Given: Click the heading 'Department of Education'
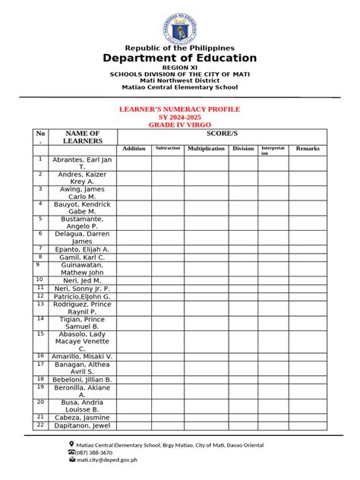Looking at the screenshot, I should pyautogui.click(x=180, y=58).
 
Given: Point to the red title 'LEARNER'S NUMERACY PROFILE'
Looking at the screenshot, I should pyautogui.click(x=180, y=109).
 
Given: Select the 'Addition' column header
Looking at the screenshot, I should pyautogui.click(x=134, y=149).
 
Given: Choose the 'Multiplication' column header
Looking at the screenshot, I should pyautogui.click(x=207, y=149).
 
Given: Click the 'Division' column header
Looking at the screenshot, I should pyautogui.click(x=243, y=149).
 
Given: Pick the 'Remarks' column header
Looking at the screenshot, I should pyautogui.click(x=308, y=149).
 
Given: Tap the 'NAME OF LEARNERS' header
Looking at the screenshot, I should pyautogui.click(x=82, y=137).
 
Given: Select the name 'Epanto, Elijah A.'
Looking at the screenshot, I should pyautogui.click(x=82, y=249).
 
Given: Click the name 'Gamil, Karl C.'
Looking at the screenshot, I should pyautogui.click(x=82, y=257).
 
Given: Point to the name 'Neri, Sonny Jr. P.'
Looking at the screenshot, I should pyautogui.click(x=82, y=289).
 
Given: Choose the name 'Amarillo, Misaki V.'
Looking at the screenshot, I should pyautogui.click(x=82, y=356).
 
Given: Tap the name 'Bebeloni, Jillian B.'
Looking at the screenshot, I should pyautogui.click(x=82, y=379).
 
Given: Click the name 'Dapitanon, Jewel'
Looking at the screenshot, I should pyautogui.click(x=82, y=426).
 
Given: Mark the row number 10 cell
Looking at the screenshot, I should pyautogui.click(x=40, y=280).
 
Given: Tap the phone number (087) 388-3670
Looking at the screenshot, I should pyautogui.click(x=94, y=452).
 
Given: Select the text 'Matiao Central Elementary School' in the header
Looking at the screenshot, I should pyautogui.click(x=180, y=87).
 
